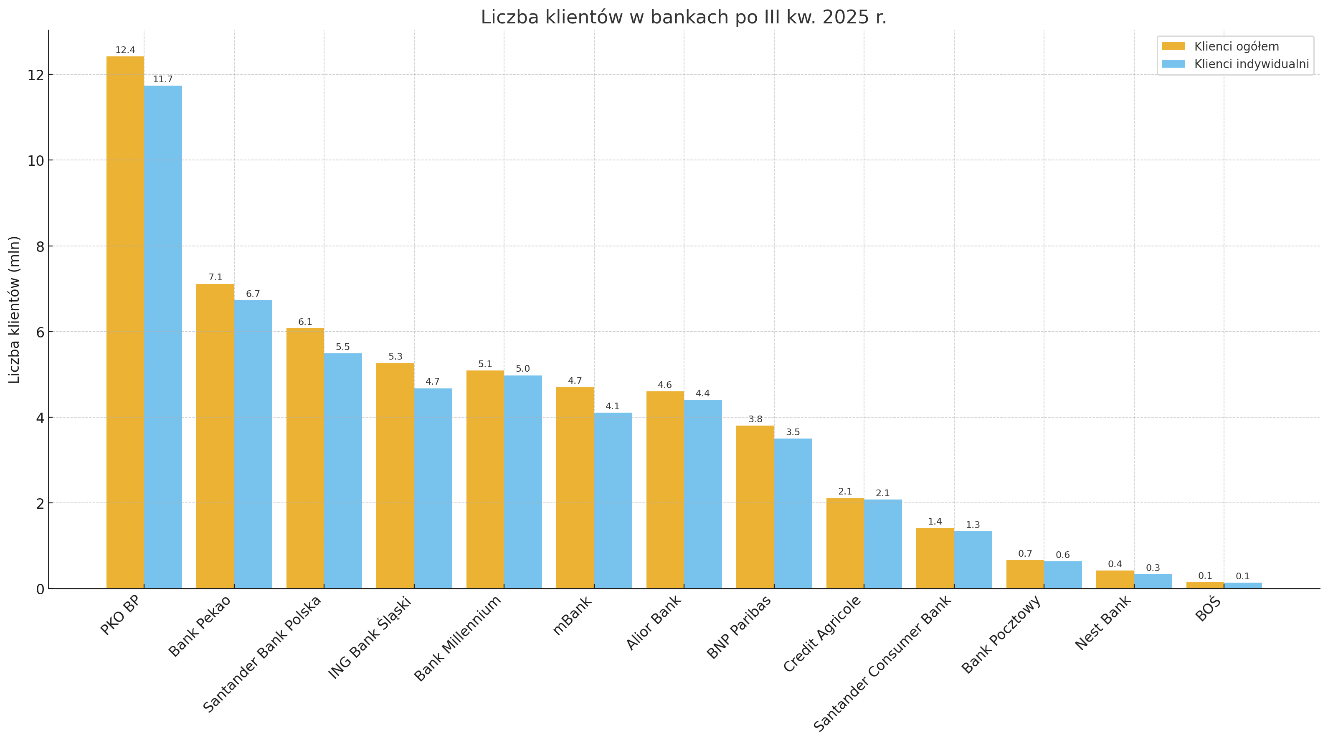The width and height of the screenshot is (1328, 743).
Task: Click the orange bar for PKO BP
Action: [125, 322]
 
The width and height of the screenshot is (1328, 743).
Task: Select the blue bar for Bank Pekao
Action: [253, 444]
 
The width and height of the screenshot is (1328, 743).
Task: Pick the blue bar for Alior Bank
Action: [703, 494]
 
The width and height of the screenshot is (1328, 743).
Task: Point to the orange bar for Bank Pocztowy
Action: [1025, 574]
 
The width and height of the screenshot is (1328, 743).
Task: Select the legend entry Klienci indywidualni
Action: [1251, 64]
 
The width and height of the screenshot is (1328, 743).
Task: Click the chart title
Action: [684, 18]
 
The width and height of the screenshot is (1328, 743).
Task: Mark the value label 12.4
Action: [125, 50]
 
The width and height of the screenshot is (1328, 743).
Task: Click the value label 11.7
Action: [163, 79]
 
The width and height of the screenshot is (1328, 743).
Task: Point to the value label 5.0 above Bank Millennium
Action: [523, 369]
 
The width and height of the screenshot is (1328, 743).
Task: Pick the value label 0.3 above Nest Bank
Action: [1153, 568]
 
